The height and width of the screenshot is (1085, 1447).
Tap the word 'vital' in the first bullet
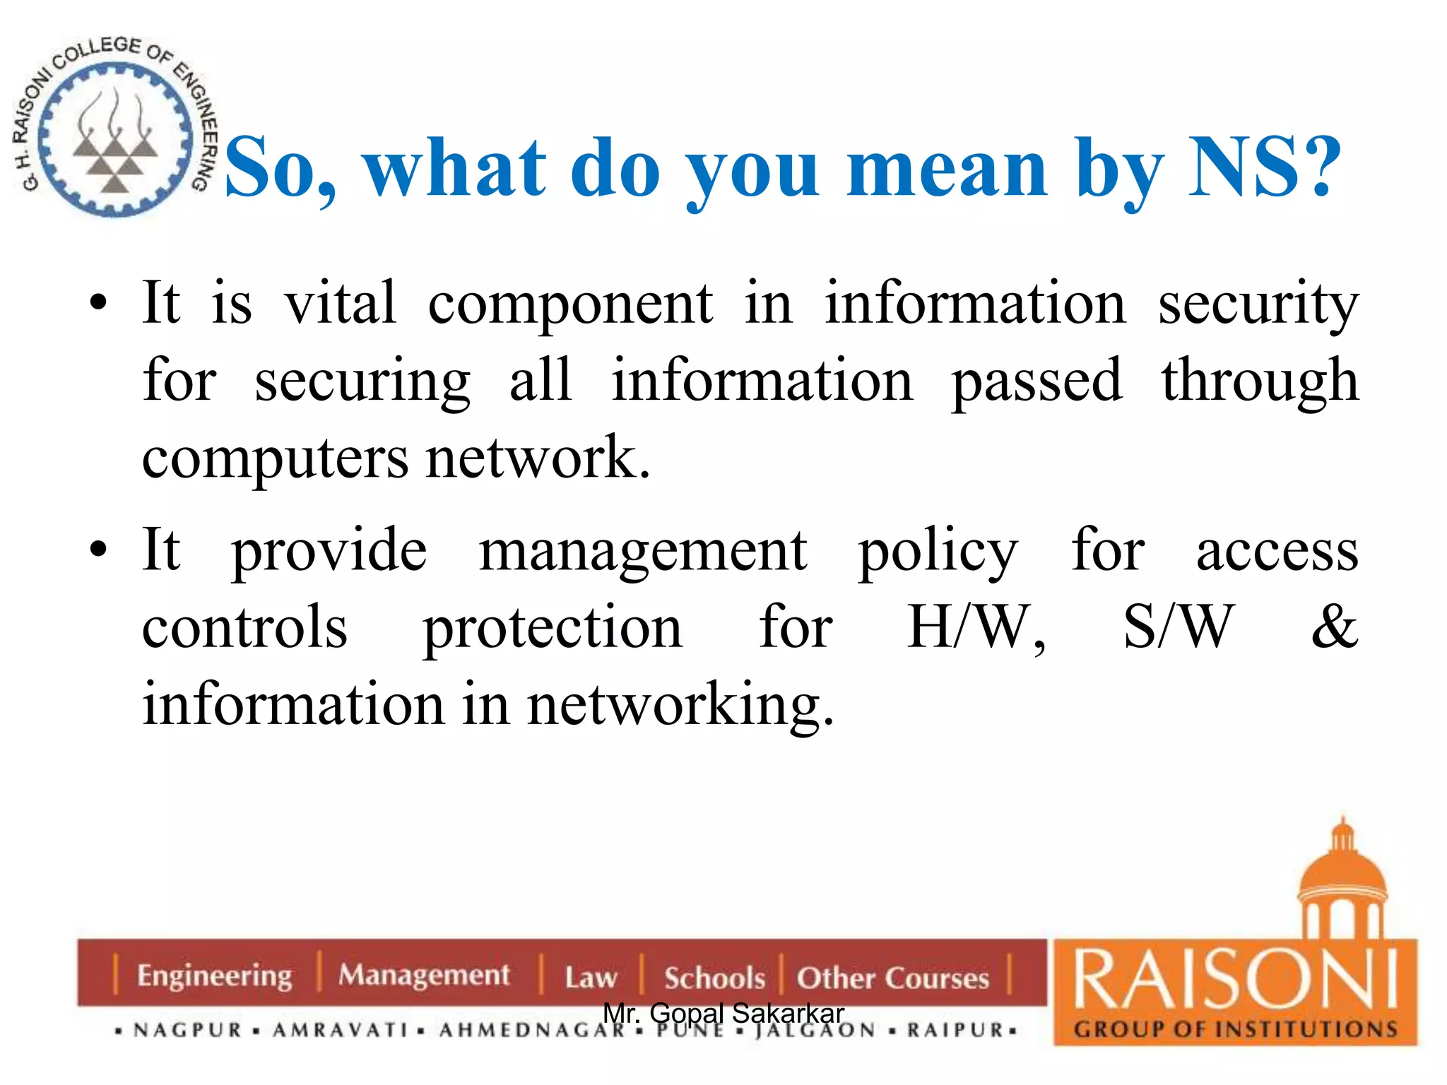click(340, 303)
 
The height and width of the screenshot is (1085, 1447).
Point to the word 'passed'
click(1036, 382)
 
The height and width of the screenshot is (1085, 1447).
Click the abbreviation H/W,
click(976, 628)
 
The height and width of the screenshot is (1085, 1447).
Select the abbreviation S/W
click(1179, 627)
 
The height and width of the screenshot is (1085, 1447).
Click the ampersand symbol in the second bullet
click(1335, 627)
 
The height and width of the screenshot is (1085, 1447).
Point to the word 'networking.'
click(681, 706)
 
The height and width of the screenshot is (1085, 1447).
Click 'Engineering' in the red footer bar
click(214, 976)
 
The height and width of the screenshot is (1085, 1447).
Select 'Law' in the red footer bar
click(591, 978)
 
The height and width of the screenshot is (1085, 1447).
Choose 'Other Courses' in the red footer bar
click(893, 978)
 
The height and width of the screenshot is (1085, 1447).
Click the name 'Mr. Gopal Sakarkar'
click(723, 1014)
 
